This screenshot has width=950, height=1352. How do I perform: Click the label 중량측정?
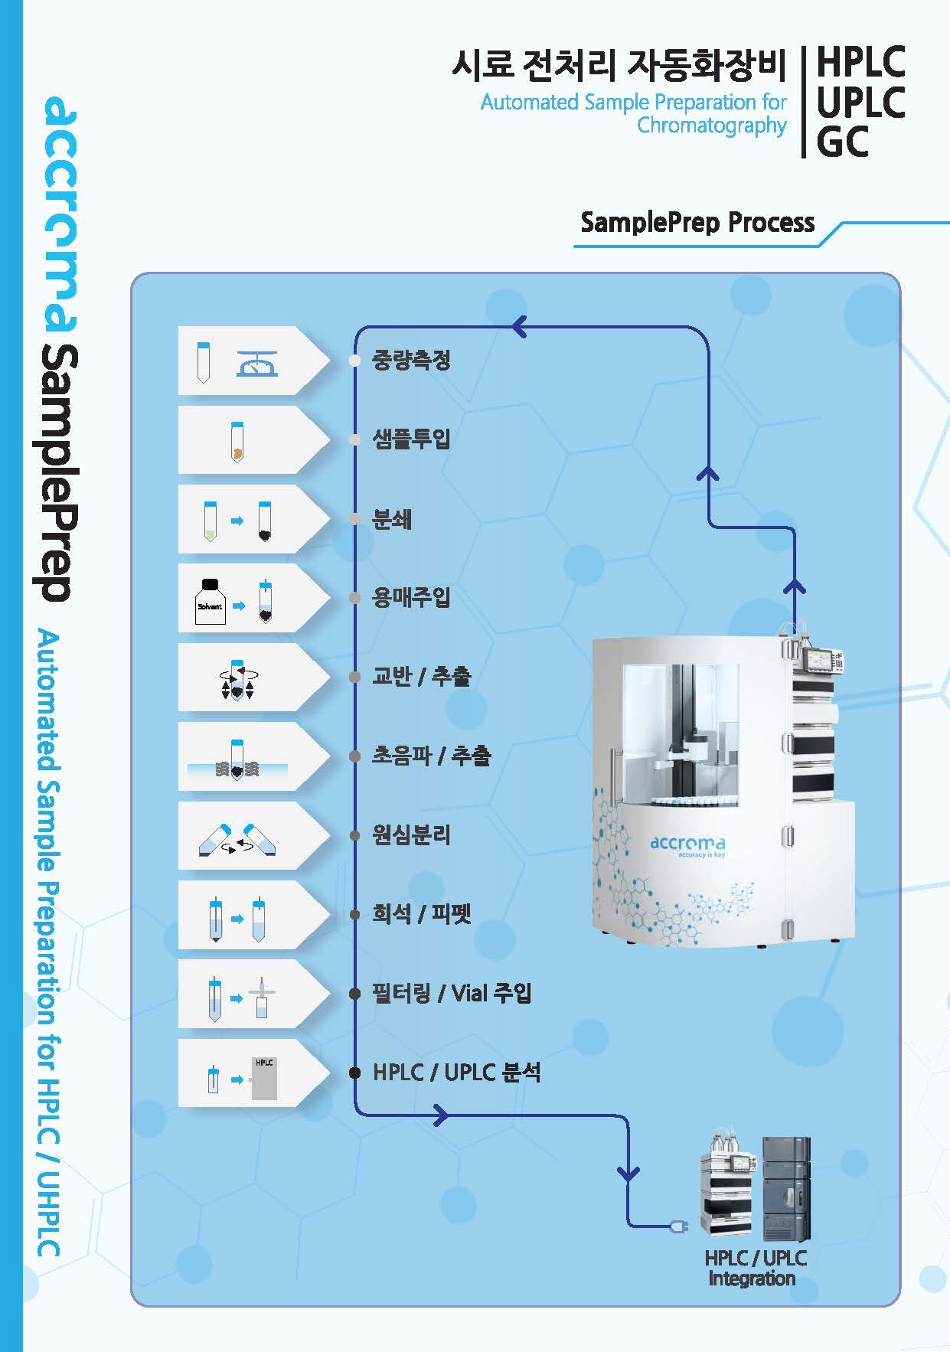pyautogui.click(x=411, y=360)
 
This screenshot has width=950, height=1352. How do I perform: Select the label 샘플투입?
pyautogui.click(x=411, y=439)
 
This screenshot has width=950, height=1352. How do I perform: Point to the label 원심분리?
pyautogui.click(x=411, y=834)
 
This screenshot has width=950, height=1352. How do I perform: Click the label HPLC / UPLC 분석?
pyautogui.click(x=456, y=1073)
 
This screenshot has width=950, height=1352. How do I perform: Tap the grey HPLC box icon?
pyautogui.click(x=265, y=1079)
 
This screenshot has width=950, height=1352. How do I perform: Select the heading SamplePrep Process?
pyautogui.click(x=697, y=223)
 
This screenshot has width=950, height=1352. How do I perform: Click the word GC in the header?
pyautogui.click(x=842, y=142)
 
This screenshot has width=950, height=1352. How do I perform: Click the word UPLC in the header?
pyautogui.click(x=860, y=103)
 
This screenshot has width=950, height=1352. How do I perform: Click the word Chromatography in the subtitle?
pyautogui.click(x=711, y=126)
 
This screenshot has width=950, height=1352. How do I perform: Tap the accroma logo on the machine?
pyautogui.click(x=687, y=844)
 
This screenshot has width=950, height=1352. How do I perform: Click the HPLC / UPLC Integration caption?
pyautogui.click(x=755, y=1268)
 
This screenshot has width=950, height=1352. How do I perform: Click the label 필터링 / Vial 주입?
pyautogui.click(x=452, y=994)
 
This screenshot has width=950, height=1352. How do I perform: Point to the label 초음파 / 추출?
pyautogui.click(x=431, y=756)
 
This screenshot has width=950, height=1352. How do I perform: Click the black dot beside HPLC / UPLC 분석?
pyautogui.click(x=354, y=1073)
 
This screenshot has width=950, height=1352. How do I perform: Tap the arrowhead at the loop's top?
pyautogui.click(x=519, y=328)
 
